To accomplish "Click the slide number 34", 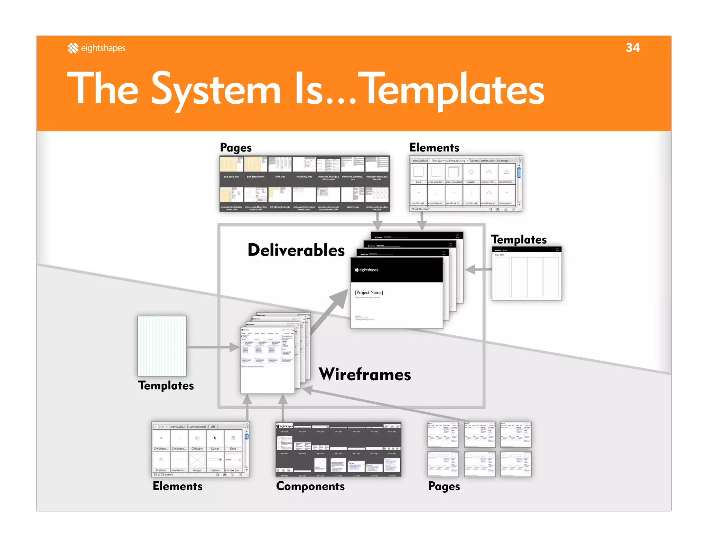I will [632, 48].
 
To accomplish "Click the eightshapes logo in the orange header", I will [96, 48].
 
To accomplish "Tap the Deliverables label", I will [296, 250].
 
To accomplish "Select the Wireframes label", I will [365, 374].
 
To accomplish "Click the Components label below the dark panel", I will [310, 486].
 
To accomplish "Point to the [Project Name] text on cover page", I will [369, 293].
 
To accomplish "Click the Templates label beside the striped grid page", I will [166, 386].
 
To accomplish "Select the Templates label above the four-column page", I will [519, 240].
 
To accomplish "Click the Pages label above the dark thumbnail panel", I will [236, 148].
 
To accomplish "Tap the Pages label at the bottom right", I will [444, 486].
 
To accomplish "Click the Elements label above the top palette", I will [434, 148].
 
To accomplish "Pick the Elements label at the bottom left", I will [177, 486].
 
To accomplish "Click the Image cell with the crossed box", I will [197, 462].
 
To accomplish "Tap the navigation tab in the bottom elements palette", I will [178, 426].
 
